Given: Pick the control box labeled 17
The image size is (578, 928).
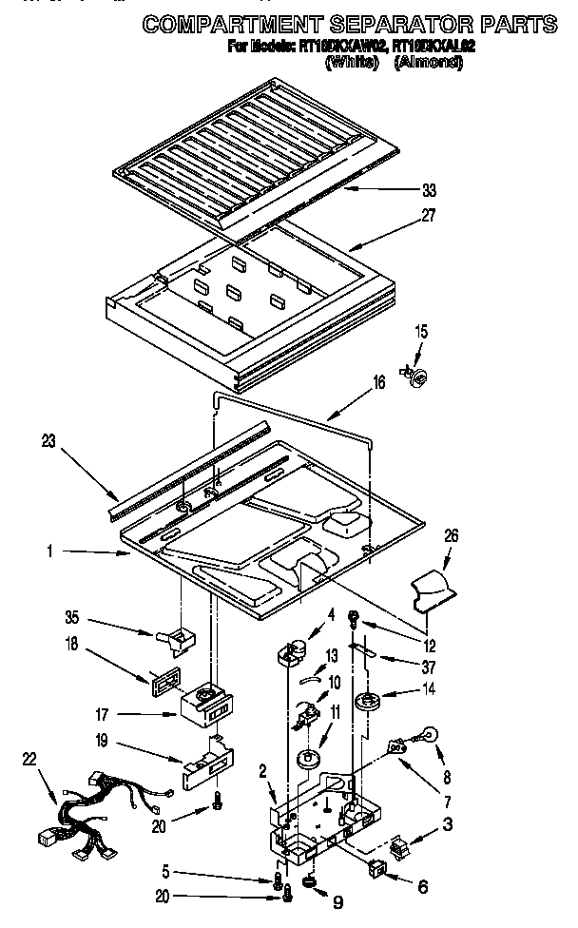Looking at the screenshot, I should click(206, 706).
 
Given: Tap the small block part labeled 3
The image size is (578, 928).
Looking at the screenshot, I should click(404, 842).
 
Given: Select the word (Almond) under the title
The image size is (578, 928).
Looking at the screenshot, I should click(428, 63).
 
